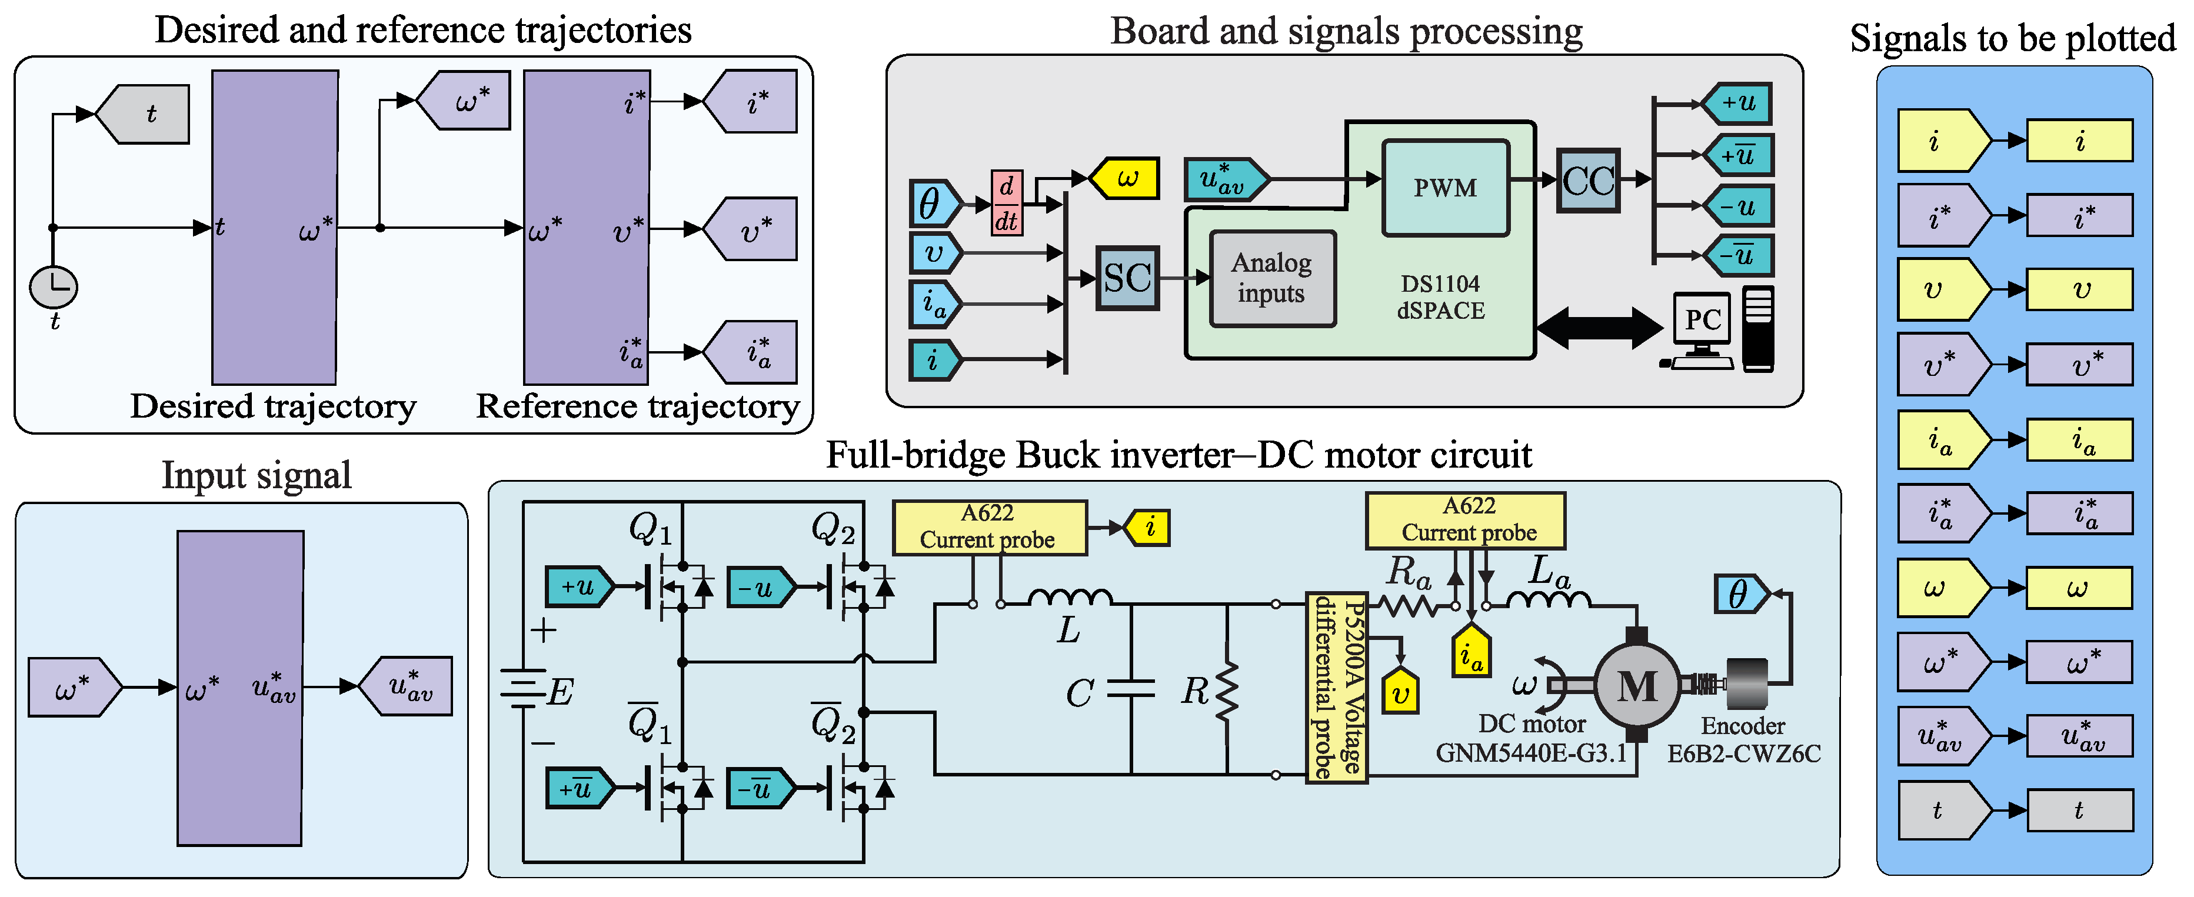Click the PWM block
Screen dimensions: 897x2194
click(1446, 188)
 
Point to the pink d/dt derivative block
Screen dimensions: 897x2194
click(1007, 204)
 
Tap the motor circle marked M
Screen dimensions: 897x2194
click(1636, 686)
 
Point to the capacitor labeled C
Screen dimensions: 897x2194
click(1131, 689)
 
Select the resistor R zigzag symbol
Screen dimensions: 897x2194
click(1227, 692)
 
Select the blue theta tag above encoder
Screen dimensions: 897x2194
click(1740, 593)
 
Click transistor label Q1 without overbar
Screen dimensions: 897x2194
click(650, 528)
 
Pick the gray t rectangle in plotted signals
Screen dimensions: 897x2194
click(2079, 810)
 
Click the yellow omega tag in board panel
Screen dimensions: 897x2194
click(1126, 179)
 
